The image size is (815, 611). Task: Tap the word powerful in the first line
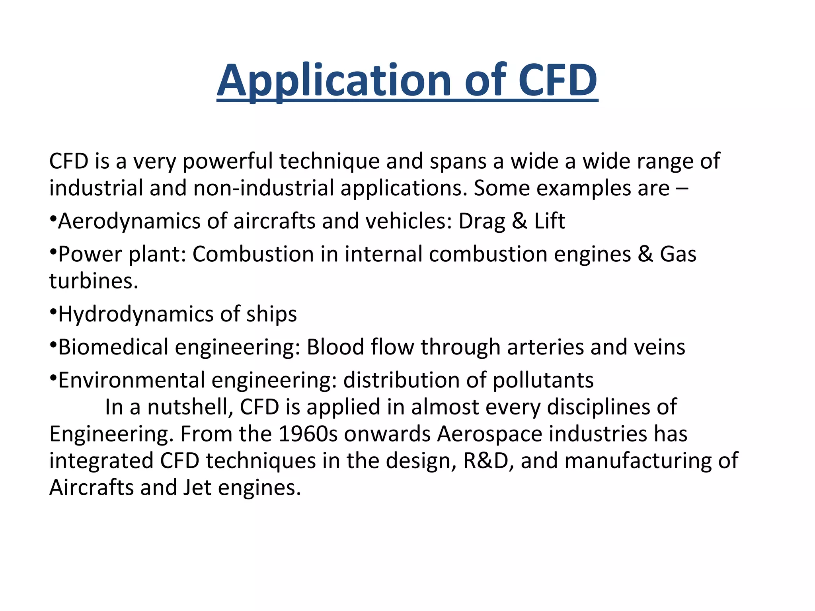point(227,162)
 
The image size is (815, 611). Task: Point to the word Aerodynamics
point(129,222)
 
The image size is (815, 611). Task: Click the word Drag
point(482,222)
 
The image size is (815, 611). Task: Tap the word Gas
point(678,254)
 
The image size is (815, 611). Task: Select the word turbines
point(94,281)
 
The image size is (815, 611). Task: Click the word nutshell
point(190,407)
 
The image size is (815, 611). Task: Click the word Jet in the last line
point(197,488)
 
